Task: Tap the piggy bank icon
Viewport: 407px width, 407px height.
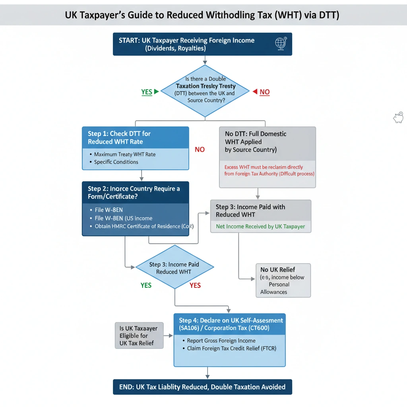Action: pos(398,117)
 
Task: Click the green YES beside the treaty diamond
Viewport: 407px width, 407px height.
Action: pos(147,92)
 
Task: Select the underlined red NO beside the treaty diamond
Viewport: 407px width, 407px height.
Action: pos(264,92)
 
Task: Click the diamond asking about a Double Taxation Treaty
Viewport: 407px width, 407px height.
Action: pos(205,91)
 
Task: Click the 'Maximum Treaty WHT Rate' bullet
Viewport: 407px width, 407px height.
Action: pos(125,154)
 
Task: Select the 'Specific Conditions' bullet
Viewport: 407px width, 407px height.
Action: pos(116,162)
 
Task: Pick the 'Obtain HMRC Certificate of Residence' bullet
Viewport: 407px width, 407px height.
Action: pos(143,226)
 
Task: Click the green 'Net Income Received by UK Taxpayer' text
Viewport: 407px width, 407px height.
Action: pos(260,226)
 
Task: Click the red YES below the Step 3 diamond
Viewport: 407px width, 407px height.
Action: pos(195,285)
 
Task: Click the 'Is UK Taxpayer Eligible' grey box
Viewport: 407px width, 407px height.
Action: pos(139,335)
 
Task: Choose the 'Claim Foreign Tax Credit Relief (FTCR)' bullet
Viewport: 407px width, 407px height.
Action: pos(231,348)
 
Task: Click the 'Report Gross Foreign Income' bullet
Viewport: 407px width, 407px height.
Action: pos(221,340)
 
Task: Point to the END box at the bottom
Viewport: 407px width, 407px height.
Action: pos(202,387)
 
